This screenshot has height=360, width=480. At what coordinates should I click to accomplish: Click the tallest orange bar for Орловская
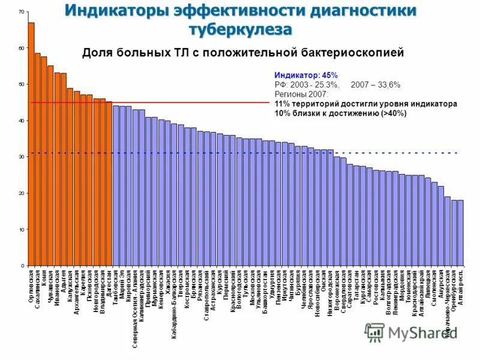pyautogui.click(x=31, y=144)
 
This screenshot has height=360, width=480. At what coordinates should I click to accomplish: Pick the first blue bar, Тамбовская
pyautogui.click(x=115, y=185)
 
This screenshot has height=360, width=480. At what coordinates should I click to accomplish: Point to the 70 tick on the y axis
pyautogui.click(x=22, y=12)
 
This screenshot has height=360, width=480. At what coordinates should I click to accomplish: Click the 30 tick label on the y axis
pyautogui.click(x=22, y=157)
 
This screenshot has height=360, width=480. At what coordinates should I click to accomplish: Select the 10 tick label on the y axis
pyautogui.click(x=22, y=230)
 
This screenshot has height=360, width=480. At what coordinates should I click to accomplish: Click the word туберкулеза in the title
pyautogui.click(x=240, y=29)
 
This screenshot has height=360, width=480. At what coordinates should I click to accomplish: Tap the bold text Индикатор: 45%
pyautogui.click(x=306, y=76)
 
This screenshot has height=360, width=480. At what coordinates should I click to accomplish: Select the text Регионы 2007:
pyautogui.click(x=301, y=94)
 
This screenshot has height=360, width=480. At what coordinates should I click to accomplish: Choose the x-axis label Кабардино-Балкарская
pyautogui.click(x=174, y=302)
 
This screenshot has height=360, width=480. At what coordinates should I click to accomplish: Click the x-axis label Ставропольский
pyautogui.click(x=206, y=295)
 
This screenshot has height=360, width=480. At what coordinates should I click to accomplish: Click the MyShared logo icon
pyautogui.click(x=375, y=332)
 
